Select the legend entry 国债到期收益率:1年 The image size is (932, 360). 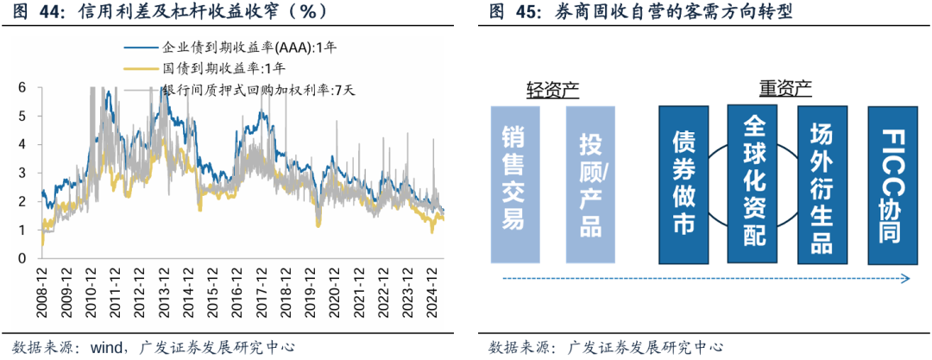click(224, 66)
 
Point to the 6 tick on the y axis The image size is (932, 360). click(22, 87)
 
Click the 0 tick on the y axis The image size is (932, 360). click(22, 258)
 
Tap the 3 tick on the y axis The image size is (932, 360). click(22, 173)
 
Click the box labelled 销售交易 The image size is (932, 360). click(514, 185)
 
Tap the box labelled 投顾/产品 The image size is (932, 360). click(590, 185)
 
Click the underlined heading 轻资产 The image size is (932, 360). click(552, 89)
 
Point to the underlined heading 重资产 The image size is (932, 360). click(785, 89)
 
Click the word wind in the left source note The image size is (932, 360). click(105, 347)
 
